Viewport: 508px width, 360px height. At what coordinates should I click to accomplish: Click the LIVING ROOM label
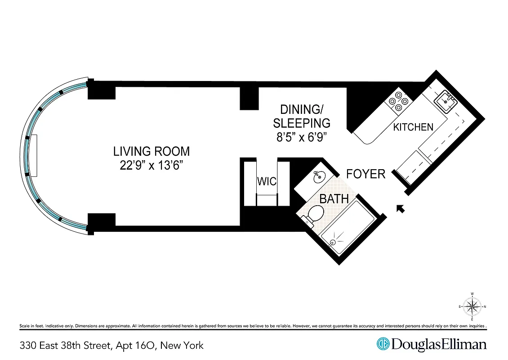152,151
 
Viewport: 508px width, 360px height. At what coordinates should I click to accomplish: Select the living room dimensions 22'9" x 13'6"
152,166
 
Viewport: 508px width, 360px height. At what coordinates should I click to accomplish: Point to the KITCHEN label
413,127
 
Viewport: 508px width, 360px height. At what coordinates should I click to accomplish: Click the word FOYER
365,174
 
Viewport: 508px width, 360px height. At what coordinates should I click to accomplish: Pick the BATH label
334,198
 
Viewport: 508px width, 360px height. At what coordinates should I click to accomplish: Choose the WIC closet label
267,181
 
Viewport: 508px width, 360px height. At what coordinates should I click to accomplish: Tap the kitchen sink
447,98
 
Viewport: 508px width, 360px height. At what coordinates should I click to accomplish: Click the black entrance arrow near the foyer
399,208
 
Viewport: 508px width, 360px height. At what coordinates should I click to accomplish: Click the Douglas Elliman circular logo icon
383,344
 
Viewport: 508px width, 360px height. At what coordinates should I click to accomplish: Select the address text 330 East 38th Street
65,346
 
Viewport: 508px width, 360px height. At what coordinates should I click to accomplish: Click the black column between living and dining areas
249,98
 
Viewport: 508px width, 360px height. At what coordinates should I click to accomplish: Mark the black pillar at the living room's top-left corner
101,90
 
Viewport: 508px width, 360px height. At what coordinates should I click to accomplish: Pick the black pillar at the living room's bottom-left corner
101,221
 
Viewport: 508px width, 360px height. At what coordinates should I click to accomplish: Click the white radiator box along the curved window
34,156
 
